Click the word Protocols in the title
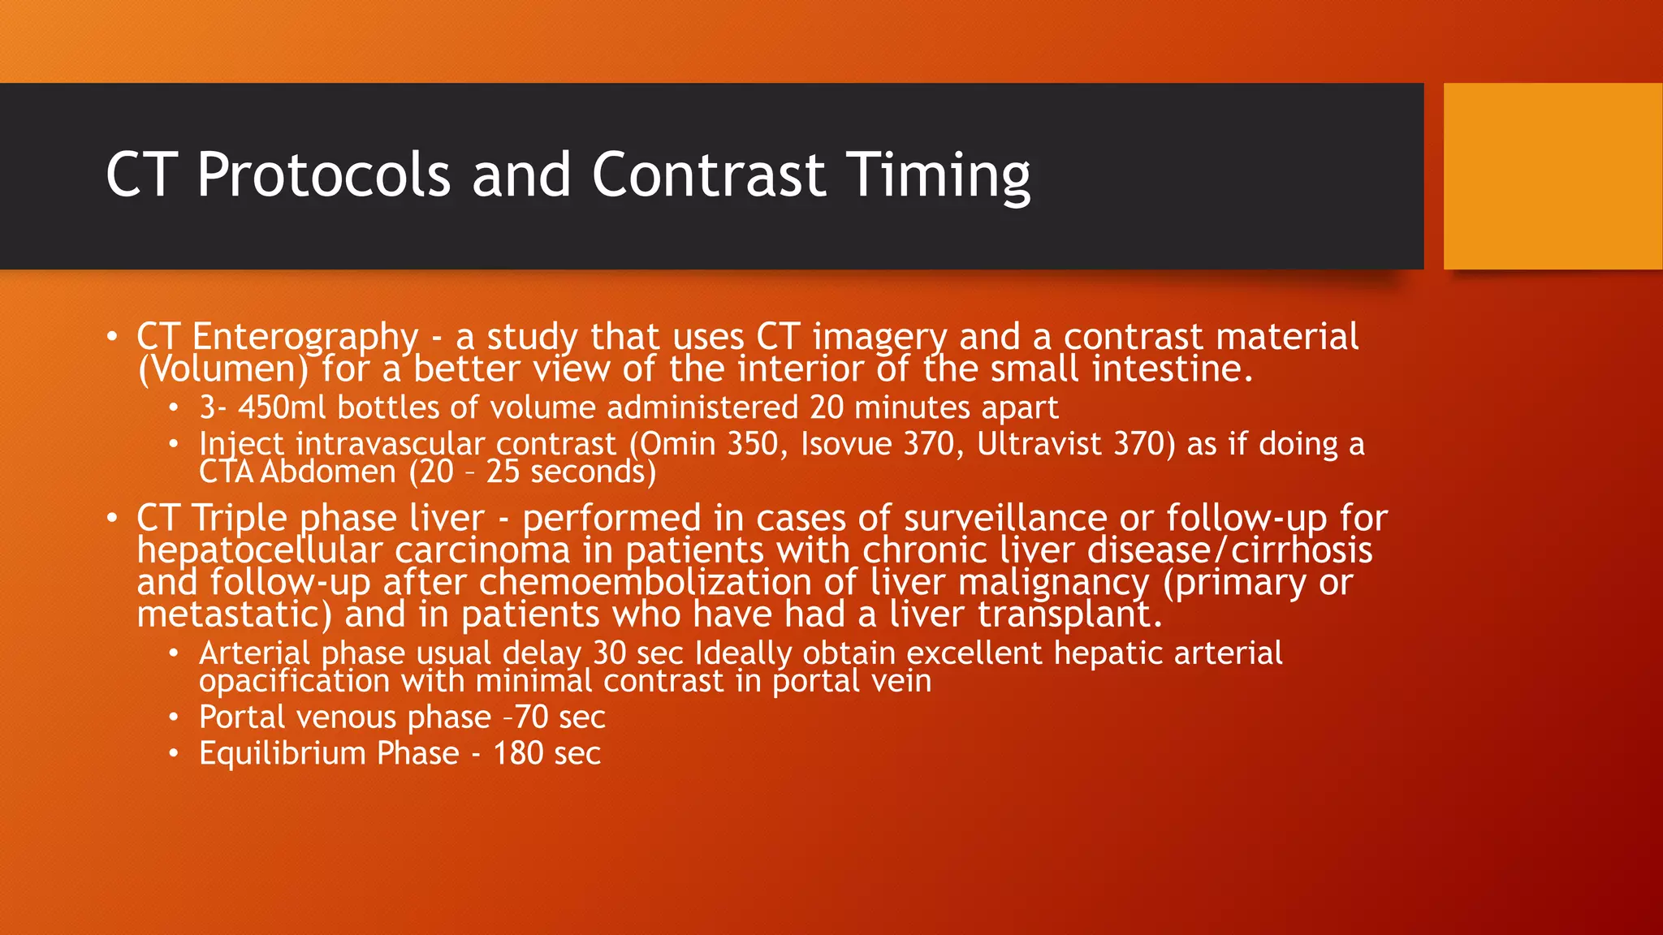pyautogui.click(x=323, y=175)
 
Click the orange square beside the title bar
pyautogui.click(x=1553, y=176)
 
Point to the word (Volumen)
pyautogui.click(x=223, y=370)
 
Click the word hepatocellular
pyautogui.click(x=259, y=551)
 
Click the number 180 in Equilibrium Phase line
pyautogui.click(x=518, y=754)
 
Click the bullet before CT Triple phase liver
pyautogui.click(x=113, y=518)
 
